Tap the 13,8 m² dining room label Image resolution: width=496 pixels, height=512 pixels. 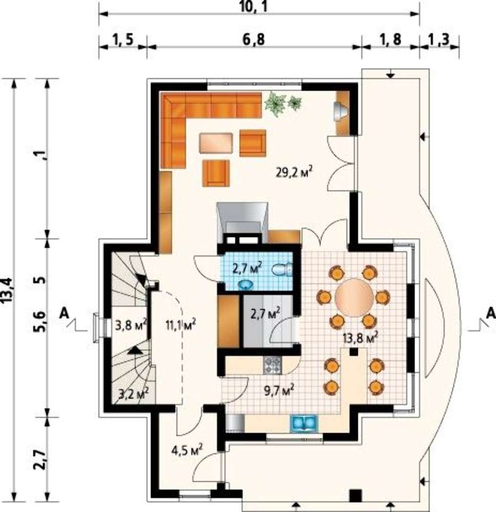click(360, 337)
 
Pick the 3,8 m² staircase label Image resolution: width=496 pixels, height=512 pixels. click(131, 325)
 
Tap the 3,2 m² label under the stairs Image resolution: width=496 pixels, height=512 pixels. click(134, 393)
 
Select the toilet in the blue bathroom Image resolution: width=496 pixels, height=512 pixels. click(283, 270)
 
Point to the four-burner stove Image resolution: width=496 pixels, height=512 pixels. click(272, 366)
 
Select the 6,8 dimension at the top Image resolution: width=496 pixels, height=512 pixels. click(254, 39)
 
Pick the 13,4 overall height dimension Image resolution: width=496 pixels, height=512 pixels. click(7, 291)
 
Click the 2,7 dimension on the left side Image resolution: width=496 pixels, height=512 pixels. click(39, 460)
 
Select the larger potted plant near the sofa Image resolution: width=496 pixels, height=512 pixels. click(275, 104)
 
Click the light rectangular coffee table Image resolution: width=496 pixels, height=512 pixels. click(216, 143)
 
